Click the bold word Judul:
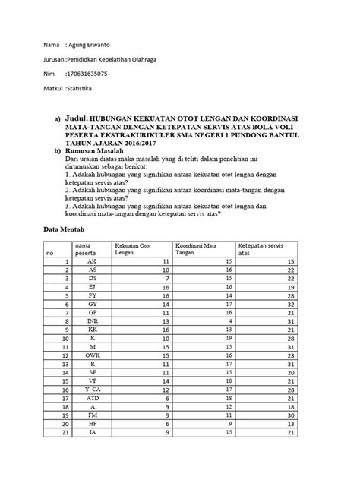pos(76,120)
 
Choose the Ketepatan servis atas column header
pos(262,250)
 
